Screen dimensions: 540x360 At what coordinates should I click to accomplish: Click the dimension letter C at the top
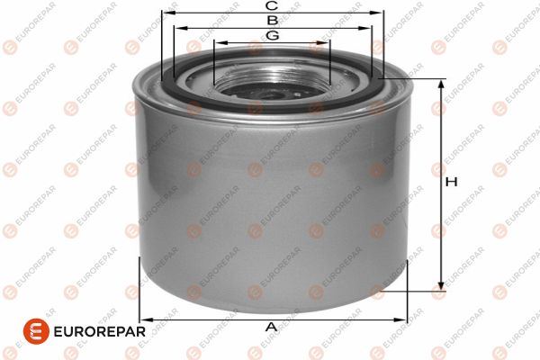(272, 5)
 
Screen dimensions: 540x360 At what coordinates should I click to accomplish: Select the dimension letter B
(273, 21)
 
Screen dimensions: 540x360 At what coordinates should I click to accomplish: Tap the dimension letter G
(272, 35)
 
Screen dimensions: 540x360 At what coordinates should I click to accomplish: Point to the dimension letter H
(451, 182)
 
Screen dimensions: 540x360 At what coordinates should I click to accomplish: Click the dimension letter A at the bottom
(272, 327)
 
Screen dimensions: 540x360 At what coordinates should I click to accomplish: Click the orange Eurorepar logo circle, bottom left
(36, 331)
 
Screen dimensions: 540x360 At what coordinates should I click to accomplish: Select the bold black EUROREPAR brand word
(100, 332)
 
